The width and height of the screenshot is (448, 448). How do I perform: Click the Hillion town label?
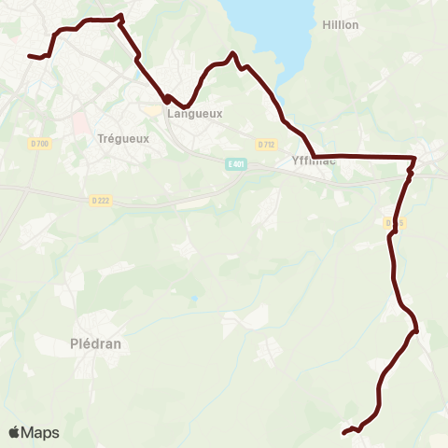[340, 24]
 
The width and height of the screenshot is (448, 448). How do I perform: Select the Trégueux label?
[119, 138]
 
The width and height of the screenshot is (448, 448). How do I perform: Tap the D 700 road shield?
[39, 143]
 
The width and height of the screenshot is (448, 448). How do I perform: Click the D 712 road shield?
[266, 144]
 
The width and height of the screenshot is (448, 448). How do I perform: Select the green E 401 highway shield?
[237, 164]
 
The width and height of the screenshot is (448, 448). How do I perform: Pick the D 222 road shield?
[101, 200]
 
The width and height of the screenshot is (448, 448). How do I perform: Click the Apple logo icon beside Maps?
[14, 432]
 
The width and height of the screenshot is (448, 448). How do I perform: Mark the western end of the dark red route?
[30, 56]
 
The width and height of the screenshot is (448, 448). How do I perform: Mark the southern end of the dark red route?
[343, 432]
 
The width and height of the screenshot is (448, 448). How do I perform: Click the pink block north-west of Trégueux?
[79, 121]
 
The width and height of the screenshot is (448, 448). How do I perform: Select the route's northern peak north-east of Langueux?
[232, 54]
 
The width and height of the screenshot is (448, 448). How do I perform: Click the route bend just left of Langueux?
[166, 98]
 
